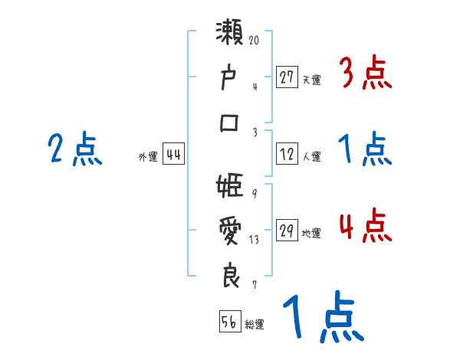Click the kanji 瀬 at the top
click(x=231, y=37)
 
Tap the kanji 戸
click(x=231, y=79)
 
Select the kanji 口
click(x=231, y=123)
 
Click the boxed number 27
click(x=287, y=77)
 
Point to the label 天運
click(x=311, y=79)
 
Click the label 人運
click(x=311, y=156)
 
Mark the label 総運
click(x=255, y=324)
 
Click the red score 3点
click(x=364, y=74)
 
